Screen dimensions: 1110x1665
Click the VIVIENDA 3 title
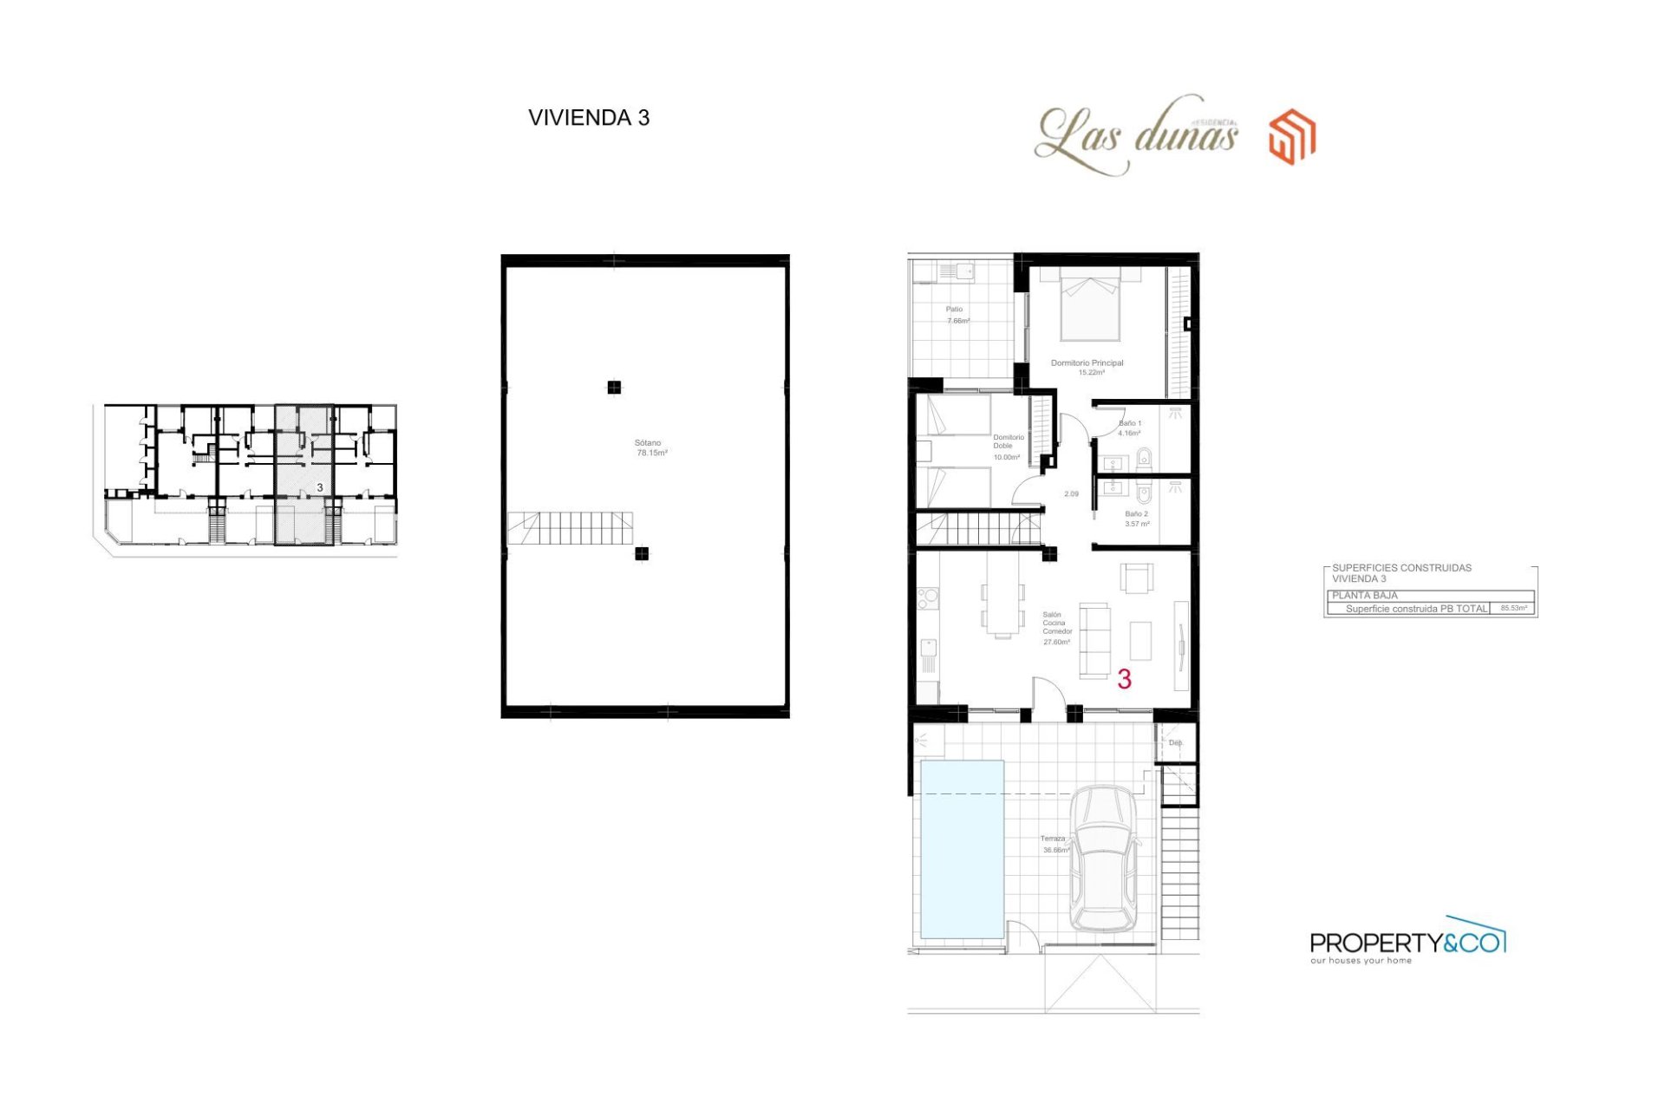pyautogui.click(x=589, y=118)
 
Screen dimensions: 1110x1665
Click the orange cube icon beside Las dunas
pyautogui.click(x=1292, y=137)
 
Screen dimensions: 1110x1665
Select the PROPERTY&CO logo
pyautogui.click(x=1407, y=942)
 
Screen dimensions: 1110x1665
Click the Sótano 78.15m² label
pyautogui.click(x=650, y=448)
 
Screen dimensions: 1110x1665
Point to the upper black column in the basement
pyautogui.click(x=614, y=388)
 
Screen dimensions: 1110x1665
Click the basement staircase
pyautogui.click(x=570, y=528)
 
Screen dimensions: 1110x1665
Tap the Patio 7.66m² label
pyautogui.click(x=956, y=315)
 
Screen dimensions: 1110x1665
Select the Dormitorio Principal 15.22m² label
pyautogui.click(x=1087, y=368)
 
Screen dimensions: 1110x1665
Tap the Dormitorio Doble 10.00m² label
pyautogui.click(x=1007, y=447)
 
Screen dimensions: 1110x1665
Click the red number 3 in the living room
pyautogui.click(x=1124, y=679)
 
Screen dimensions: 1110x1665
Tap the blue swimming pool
pyautogui.click(x=962, y=849)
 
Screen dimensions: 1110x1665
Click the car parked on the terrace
pyautogui.click(x=1102, y=859)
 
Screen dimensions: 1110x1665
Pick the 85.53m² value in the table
pyautogui.click(x=1513, y=609)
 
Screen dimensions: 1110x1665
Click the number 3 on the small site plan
pyautogui.click(x=320, y=488)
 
